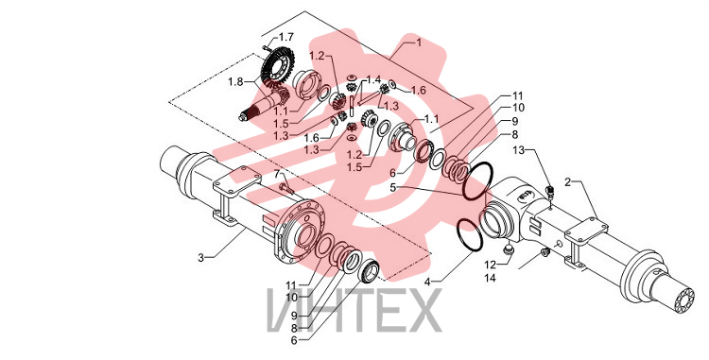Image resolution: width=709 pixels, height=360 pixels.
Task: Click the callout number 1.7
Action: (285, 37)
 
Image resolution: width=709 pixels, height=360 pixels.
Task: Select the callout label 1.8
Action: (235, 81)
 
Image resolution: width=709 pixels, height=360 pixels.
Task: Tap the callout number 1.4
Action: (373, 80)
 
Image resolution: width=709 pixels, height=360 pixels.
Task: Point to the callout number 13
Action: (518, 150)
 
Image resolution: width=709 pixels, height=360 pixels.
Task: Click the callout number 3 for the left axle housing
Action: (200, 258)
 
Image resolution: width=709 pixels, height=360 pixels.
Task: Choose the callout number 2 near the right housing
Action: (567, 182)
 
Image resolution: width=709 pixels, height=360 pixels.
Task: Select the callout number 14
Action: (490, 278)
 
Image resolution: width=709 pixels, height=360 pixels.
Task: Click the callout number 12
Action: (490, 265)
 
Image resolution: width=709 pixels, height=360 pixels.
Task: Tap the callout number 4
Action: (427, 282)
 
